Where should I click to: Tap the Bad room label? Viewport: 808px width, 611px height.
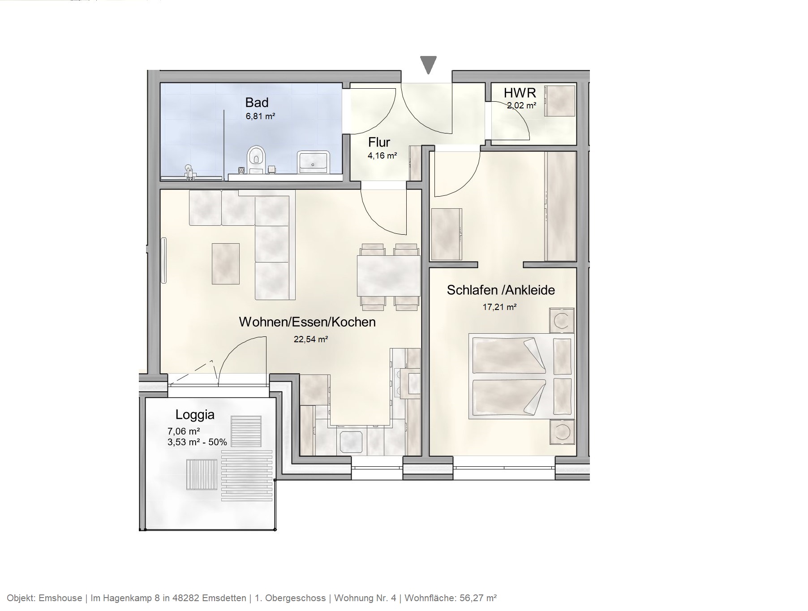coord(257,103)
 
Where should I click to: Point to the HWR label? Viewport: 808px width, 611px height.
coord(520,93)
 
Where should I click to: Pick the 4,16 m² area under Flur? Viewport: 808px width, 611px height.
coord(382,156)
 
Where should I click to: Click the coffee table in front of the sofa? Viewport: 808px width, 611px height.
coord(225,264)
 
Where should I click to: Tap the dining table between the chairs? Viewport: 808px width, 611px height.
coord(388,275)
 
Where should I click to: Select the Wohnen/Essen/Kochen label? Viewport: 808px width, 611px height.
coord(307,322)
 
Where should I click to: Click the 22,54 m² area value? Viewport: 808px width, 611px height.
coord(310,340)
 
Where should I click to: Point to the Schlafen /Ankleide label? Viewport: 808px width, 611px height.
coord(501,290)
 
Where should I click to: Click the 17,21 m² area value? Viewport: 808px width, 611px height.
coord(499,307)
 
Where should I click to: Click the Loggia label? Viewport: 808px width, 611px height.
coord(195,414)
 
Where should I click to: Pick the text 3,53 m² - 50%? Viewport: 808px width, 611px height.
coord(197,443)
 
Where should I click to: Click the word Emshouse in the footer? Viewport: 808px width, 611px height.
coord(60,598)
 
